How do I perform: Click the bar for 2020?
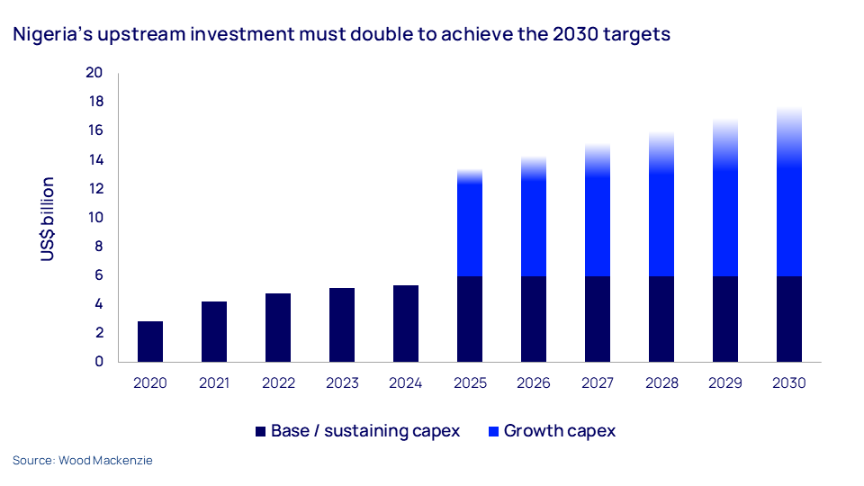pyautogui.click(x=150, y=341)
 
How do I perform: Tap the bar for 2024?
pyautogui.click(x=406, y=323)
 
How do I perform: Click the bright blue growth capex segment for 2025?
pyautogui.click(x=470, y=229)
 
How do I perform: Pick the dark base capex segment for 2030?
pyautogui.click(x=789, y=319)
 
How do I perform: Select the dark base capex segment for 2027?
pyautogui.click(x=598, y=319)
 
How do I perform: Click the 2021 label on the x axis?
pyautogui.click(x=214, y=383)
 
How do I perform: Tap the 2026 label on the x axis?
pyautogui.click(x=534, y=383)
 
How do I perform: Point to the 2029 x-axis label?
pyautogui.click(x=725, y=383)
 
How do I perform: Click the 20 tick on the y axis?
pyautogui.click(x=94, y=73)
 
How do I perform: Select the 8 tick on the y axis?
pyautogui.click(x=99, y=247)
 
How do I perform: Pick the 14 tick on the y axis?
pyautogui.click(x=94, y=160)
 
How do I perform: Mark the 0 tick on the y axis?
pyautogui.click(x=99, y=362)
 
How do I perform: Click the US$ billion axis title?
pyautogui.click(x=48, y=219)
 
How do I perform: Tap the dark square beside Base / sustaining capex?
pyautogui.click(x=261, y=431)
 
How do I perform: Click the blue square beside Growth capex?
pyautogui.click(x=493, y=431)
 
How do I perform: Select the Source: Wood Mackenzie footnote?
pyautogui.click(x=83, y=461)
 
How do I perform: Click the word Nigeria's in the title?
pyautogui.click(x=52, y=35)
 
